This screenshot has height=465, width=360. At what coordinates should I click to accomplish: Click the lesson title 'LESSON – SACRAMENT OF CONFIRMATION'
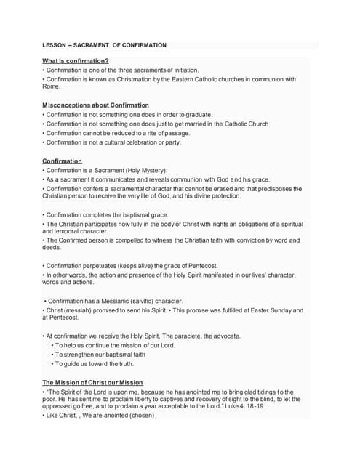point(104,45)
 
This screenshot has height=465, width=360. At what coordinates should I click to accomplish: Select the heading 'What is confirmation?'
point(76,60)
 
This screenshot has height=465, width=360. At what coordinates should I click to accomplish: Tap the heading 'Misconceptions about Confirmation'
point(95,105)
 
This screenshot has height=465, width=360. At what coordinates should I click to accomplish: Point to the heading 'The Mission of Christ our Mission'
point(92,382)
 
